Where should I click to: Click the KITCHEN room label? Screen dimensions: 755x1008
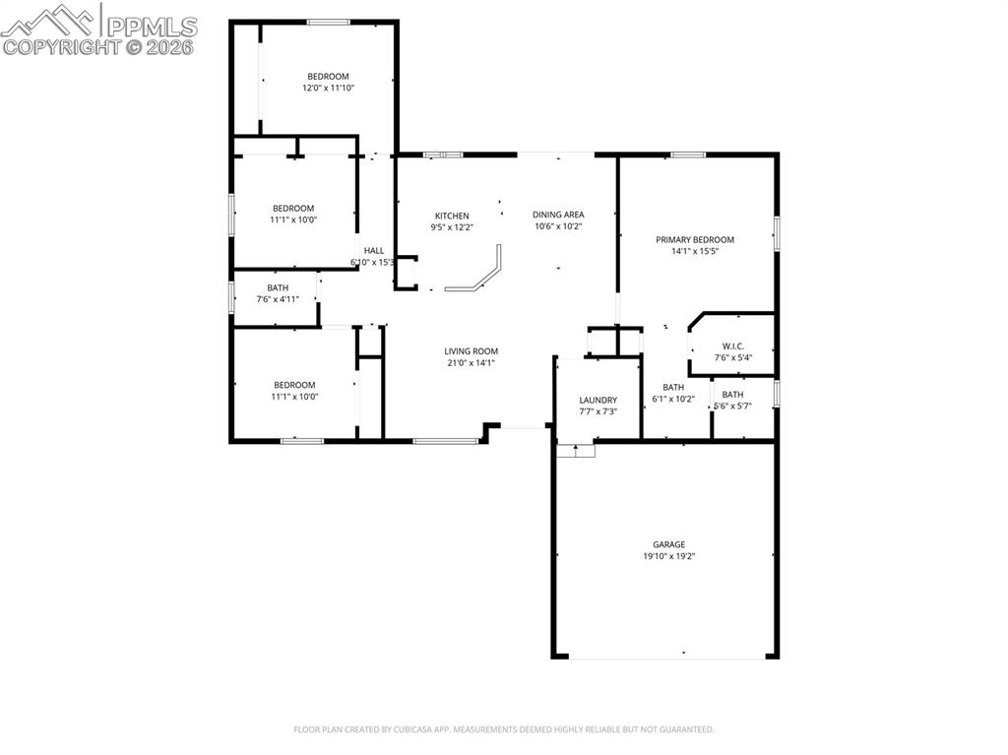[x=452, y=216]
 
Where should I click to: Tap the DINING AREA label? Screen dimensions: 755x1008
[x=558, y=215]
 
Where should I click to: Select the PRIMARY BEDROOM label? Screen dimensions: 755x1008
[x=695, y=239]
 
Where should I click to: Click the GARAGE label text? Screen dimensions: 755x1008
[x=668, y=544]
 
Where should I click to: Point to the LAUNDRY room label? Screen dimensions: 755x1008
[x=598, y=400]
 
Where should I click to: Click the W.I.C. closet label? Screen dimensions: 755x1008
[x=732, y=346]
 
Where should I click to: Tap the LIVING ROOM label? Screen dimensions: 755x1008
[x=471, y=350]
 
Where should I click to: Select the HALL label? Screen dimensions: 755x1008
[x=374, y=251]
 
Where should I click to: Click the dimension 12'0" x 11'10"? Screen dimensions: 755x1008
[x=328, y=88]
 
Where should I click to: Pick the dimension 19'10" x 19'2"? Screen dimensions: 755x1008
[x=668, y=556]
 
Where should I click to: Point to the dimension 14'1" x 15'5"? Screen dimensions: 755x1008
[x=695, y=251]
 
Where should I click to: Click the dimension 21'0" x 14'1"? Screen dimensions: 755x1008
[x=471, y=362]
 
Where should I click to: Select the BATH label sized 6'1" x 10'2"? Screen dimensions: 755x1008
[x=673, y=387]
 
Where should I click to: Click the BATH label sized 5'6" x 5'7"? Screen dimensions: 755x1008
[x=732, y=394]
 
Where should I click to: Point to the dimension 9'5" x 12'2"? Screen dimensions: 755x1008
[x=452, y=227]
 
